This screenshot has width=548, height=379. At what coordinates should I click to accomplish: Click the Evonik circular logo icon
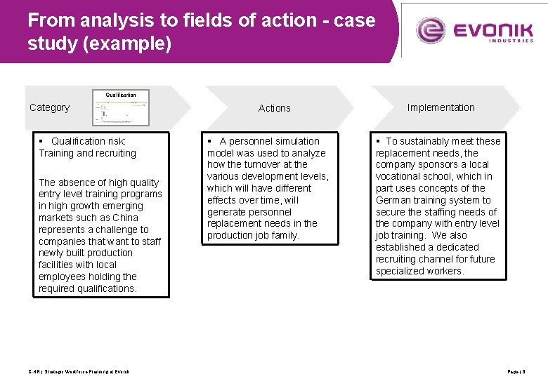[x=431, y=30]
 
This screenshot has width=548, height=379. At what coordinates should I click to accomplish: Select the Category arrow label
[x=49, y=107]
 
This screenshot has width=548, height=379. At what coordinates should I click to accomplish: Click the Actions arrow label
[x=274, y=108]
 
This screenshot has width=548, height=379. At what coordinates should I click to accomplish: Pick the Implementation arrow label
[x=441, y=107]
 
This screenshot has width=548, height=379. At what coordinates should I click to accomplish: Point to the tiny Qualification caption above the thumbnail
[x=121, y=95]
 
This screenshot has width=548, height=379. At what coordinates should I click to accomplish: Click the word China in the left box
[x=126, y=218]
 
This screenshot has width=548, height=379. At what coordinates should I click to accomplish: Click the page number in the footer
[x=516, y=371]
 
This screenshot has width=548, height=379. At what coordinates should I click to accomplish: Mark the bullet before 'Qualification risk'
[x=42, y=141]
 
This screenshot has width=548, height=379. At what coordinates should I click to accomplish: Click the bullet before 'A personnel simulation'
[x=211, y=141]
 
